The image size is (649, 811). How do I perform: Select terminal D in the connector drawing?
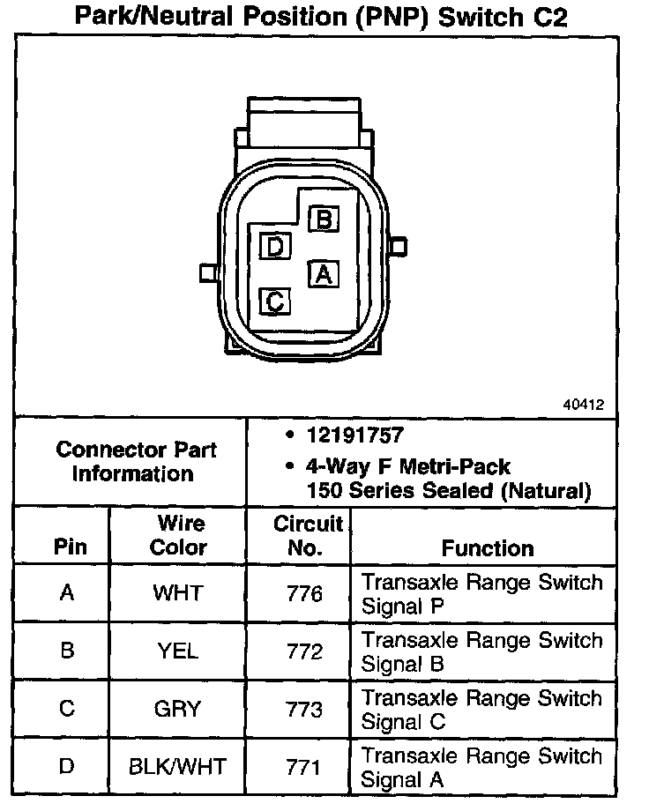(x=276, y=248)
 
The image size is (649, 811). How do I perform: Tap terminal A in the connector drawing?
(x=324, y=274)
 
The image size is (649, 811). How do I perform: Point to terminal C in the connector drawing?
(x=275, y=302)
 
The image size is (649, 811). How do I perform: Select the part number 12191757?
(x=356, y=435)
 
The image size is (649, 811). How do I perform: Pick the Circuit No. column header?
(x=306, y=535)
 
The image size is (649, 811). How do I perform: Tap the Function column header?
(x=488, y=547)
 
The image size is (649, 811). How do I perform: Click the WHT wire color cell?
(x=177, y=592)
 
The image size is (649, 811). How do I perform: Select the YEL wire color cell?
(x=177, y=651)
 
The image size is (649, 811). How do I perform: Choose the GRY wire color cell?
(x=177, y=709)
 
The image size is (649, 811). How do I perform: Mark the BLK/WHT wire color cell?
(x=177, y=767)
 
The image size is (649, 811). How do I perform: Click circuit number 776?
(x=304, y=593)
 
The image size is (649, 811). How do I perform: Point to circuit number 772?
(x=304, y=651)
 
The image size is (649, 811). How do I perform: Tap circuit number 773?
(x=304, y=710)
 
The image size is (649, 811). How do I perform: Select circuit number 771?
(x=304, y=767)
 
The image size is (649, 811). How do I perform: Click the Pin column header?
(x=71, y=547)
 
